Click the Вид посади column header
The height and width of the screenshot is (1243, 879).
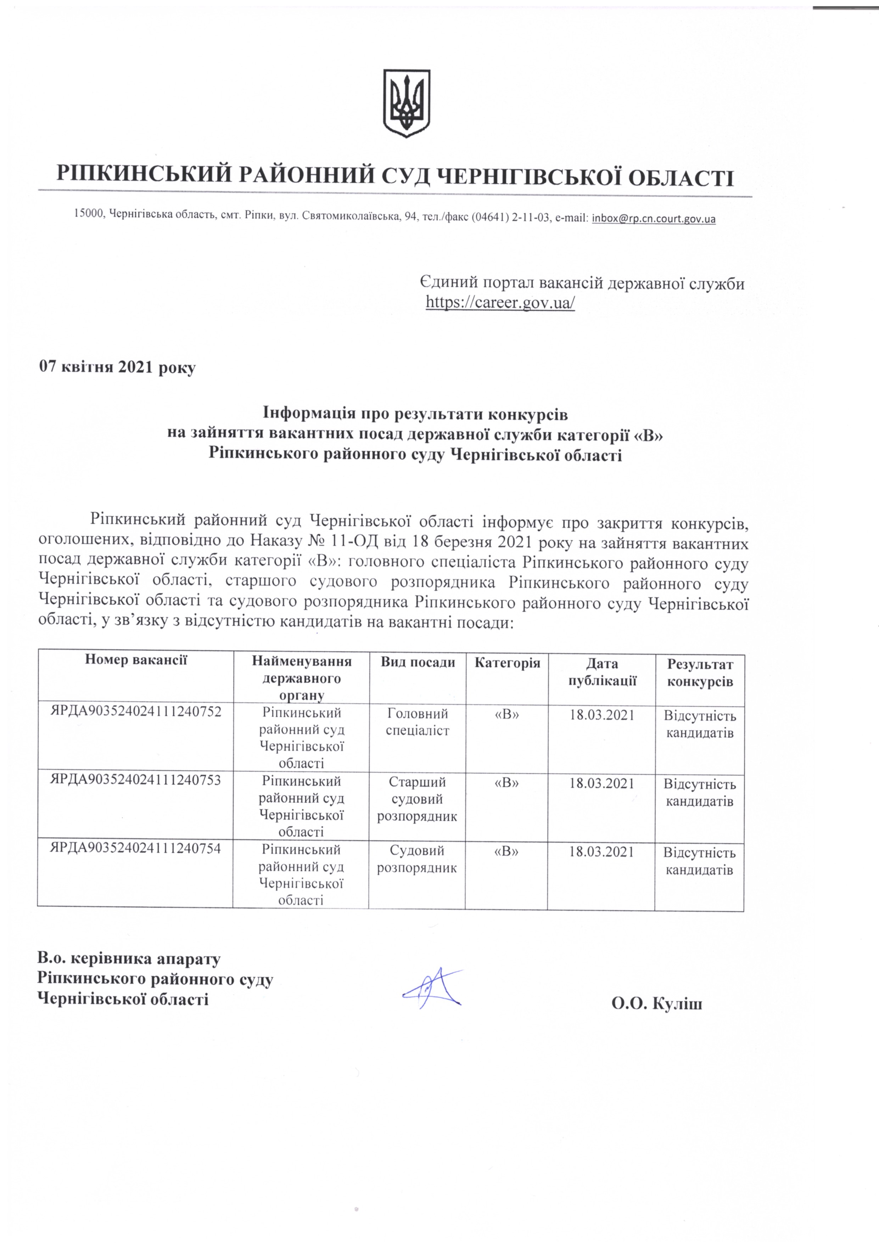(x=418, y=663)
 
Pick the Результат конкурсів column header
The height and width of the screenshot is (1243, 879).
(x=700, y=673)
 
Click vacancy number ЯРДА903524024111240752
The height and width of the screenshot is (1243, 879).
(x=136, y=712)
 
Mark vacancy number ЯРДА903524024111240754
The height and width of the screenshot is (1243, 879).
(x=136, y=848)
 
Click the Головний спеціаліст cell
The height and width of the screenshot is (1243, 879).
(x=417, y=722)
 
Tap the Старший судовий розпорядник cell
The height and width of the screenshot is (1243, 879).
(x=417, y=799)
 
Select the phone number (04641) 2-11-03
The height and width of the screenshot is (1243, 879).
(x=510, y=218)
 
